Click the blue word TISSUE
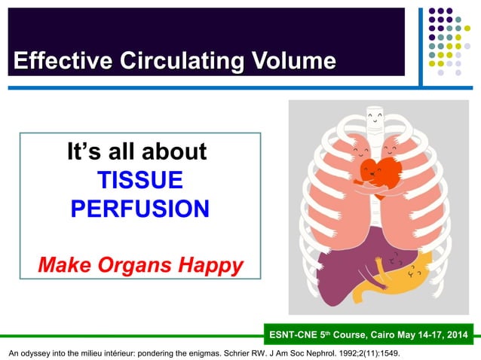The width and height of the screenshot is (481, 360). coord(139,180)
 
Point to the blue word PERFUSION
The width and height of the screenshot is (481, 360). coord(139,209)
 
